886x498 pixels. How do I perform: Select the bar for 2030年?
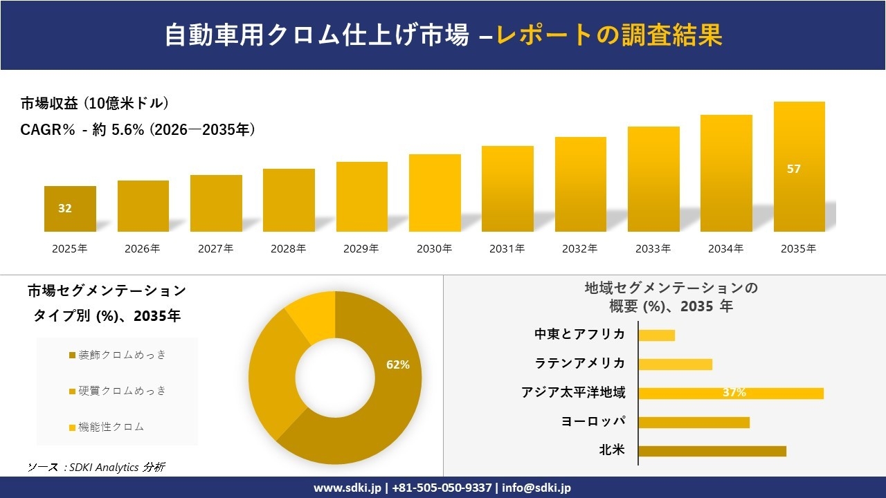pyautogui.click(x=435, y=193)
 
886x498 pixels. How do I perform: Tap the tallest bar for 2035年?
pyautogui.click(x=799, y=167)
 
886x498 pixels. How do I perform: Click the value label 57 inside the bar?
pyautogui.click(x=793, y=169)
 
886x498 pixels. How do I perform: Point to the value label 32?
pyautogui.click(x=64, y=208)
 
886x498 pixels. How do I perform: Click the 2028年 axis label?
pyautogui.click(x=288, y=249)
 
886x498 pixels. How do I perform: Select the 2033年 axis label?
pyautogui.click(x=653, y=249)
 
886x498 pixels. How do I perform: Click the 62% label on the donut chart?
pyautogui.click(x=397, y=365)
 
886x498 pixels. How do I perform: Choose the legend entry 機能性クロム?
pyautogui.click(x=111, y=427)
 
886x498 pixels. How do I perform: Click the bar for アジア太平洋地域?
pyautogui.click(x=730, y=393)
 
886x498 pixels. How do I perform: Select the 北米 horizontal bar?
pyautogui.click(x=712, y=451)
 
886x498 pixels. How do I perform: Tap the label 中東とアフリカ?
pyautogui.click(x=579, y=335)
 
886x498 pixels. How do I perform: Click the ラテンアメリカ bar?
pyautogui.click(x=675, y=364)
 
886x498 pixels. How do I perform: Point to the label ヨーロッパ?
pyautogui.click(x=593, y=422)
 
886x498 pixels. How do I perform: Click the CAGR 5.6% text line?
pyautogui.click(x=138, y=129)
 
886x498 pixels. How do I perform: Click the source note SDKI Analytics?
pyautogui.click(x=96, y=468)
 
